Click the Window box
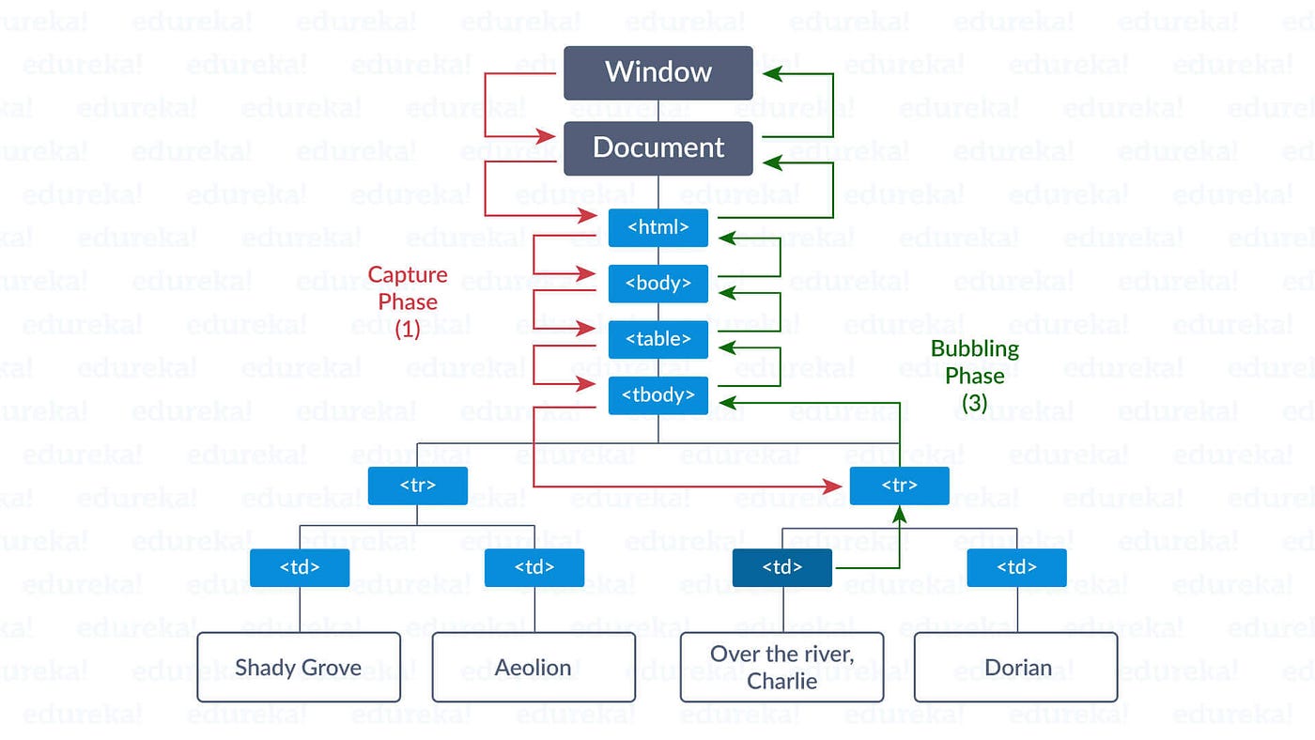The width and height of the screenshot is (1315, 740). point(657,72)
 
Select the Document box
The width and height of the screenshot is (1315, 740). point(657,148)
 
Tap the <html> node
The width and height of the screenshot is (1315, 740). point(657,227)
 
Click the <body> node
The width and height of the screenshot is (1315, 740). point(657,284)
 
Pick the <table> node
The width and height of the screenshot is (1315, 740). point(657,339)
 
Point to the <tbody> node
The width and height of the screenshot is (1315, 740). point(657,395)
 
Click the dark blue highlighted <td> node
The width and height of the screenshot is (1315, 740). point(781,567)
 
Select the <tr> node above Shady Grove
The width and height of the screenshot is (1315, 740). point(417,486)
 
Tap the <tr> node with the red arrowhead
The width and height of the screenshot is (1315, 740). point(899,486)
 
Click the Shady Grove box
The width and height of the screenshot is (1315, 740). point(299,668)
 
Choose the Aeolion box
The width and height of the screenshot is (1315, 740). point(534,668)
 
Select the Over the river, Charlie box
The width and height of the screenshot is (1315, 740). point(781,668)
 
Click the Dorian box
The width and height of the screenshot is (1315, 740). point(1016,668)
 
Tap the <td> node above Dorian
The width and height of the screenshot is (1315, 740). point(1016,567)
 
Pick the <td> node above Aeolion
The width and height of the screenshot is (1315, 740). point(534,567)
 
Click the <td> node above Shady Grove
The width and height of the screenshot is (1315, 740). point(300,567)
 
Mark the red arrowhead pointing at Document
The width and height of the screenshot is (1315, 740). point(546,137)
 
